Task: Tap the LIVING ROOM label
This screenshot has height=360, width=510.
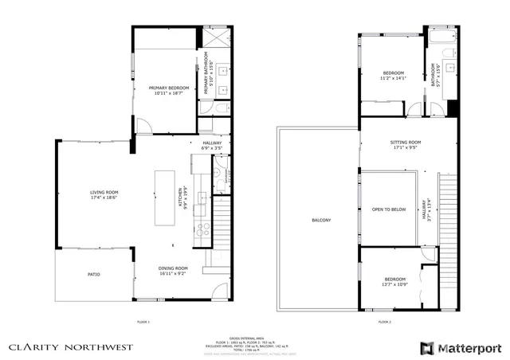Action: [x=104, y=192]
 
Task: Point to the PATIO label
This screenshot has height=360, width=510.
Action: [x=94, y=275]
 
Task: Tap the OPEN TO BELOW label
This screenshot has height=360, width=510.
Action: [x=389, y=209]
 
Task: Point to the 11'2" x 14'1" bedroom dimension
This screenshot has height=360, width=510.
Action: [x=394, y=79]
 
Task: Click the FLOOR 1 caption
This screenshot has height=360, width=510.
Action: [x=143, y=322]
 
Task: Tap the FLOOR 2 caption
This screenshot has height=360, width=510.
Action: [x=385, y=322]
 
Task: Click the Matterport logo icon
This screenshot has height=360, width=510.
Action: [x=427, y=348]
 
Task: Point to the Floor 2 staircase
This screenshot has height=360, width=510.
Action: [x=448, y=239]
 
